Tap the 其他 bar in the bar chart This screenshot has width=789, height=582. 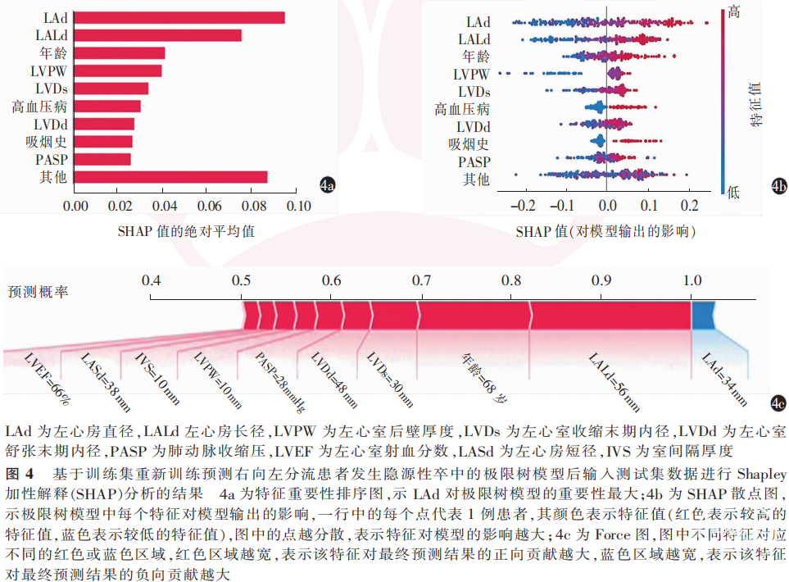click(170, 177)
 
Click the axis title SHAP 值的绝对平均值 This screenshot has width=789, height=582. click(186, 231)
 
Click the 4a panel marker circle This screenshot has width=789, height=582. click(327, 186)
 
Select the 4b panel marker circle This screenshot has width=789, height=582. click(778, 187)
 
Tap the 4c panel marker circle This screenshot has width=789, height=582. click(778, 402)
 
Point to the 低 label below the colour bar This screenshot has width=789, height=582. click(732, 192)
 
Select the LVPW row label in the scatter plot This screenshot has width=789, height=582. click(472, 75)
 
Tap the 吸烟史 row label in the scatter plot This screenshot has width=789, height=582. click(469, 144)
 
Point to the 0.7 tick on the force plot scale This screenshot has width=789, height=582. click(421, 280)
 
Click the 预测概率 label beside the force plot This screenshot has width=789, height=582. click(39, 291)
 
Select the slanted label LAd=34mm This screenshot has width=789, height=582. click(724, 378)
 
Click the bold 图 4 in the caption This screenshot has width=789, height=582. click(19, 474)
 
